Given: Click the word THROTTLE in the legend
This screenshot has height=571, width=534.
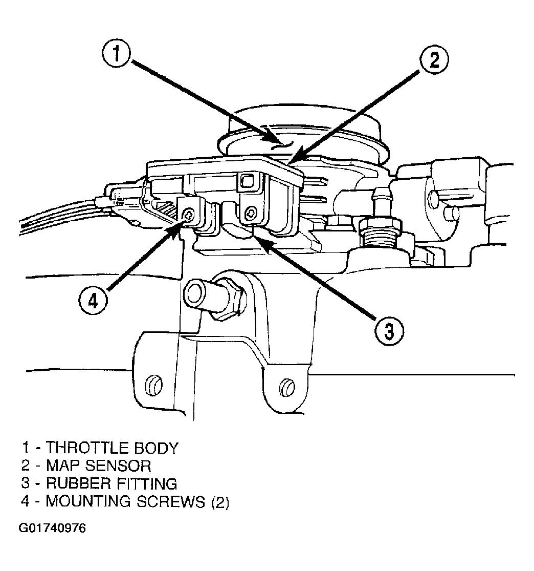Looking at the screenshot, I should [x=86, y=448].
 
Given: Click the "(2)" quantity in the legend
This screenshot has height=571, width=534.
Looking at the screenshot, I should [x=220, y=501].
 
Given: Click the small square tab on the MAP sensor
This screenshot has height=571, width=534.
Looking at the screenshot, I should [x=247, y=180].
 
